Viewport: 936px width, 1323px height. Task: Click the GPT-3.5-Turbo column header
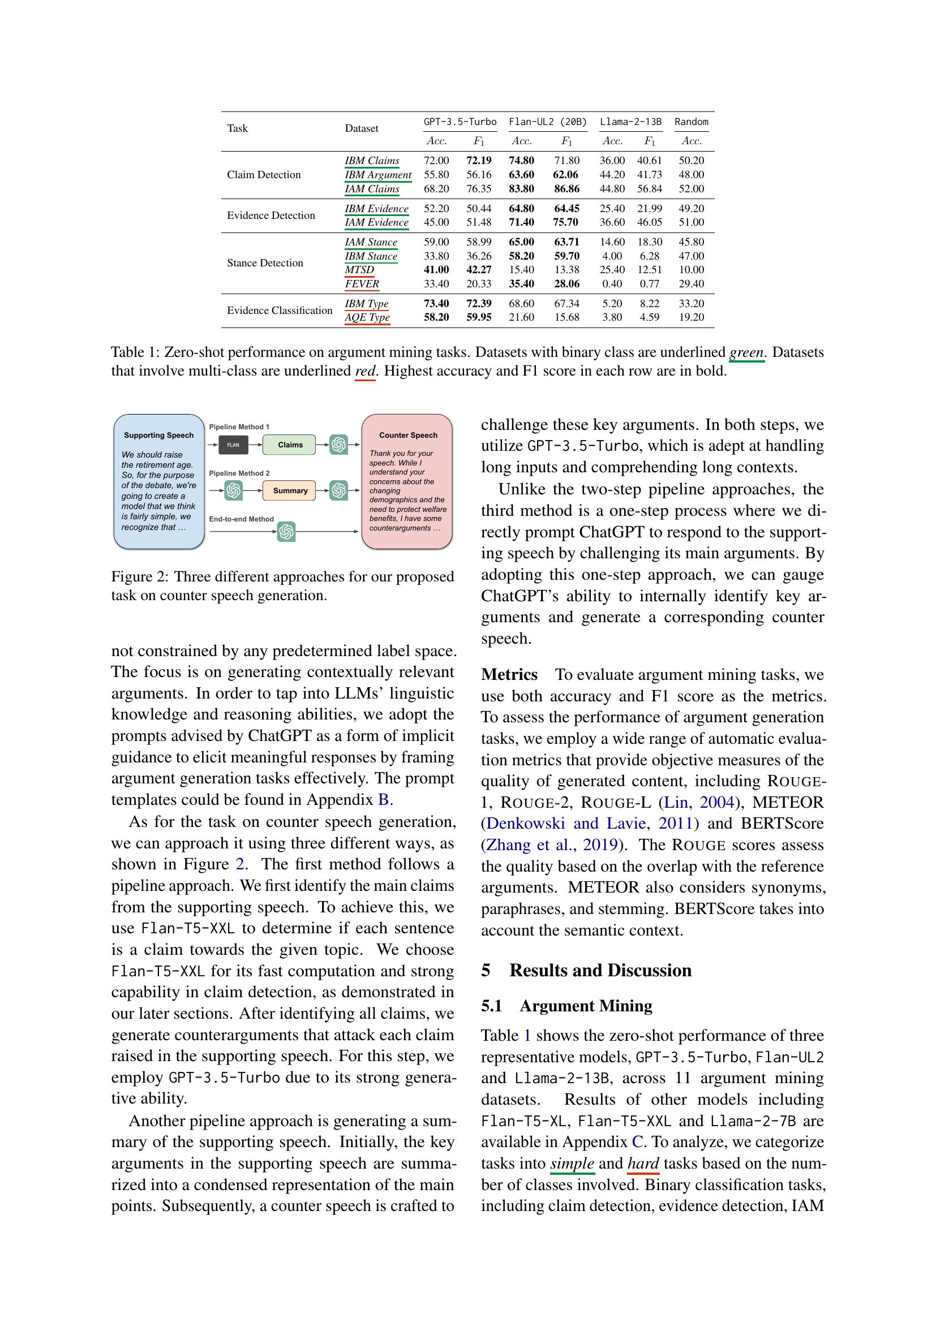[x=460, y=122]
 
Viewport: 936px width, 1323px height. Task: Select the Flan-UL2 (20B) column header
[x=548, y=122]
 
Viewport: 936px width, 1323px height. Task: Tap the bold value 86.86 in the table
[x=566, y=188]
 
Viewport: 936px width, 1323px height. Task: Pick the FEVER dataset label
[x=362, y=283]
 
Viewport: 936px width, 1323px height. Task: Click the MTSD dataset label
[x=360, y=270]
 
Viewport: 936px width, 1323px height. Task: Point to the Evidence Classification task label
[x=280, y=310]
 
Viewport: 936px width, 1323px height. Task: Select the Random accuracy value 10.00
[x=691, y=270]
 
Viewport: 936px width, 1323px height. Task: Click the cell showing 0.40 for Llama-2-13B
[x=612, y=283]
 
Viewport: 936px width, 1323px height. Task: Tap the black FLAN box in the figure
[x=233, y=445]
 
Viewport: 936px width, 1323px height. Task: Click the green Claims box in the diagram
[x=290, y=445]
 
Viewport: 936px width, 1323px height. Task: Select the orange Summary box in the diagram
[x=290, y=490]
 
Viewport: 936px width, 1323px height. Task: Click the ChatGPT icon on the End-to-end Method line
[x=286, y=531]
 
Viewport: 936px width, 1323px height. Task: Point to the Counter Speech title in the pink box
[x=408, y=435]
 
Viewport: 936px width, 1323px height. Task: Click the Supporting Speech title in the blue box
[x=158, y=435]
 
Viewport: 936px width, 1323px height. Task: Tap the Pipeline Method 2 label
[x=239, y=473]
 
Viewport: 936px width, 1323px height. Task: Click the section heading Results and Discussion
[x=600, y=971]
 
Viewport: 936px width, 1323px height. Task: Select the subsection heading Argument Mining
[x=586, y=1006]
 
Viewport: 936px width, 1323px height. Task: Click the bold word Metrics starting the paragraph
[x=509, y=674]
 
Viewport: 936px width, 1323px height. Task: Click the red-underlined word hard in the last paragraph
[x=643, y=1163]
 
